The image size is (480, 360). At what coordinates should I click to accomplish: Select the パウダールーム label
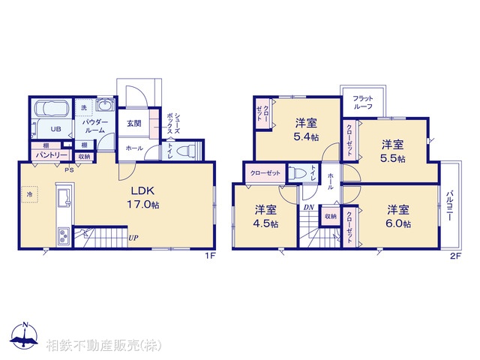(95, 125)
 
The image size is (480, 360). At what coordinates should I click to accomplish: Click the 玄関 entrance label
(133, 123)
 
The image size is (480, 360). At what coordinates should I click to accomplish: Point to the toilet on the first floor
(188, 148)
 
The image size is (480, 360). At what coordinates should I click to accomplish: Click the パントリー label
(51, 156)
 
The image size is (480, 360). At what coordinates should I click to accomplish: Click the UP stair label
(133, 238)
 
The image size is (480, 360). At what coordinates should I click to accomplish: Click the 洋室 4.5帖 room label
(265, 217)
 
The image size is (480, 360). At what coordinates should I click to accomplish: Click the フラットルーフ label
(364, 102)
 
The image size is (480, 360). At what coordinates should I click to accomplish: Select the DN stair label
(308, 208)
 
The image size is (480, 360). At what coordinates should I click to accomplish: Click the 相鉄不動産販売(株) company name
(103, 345)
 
